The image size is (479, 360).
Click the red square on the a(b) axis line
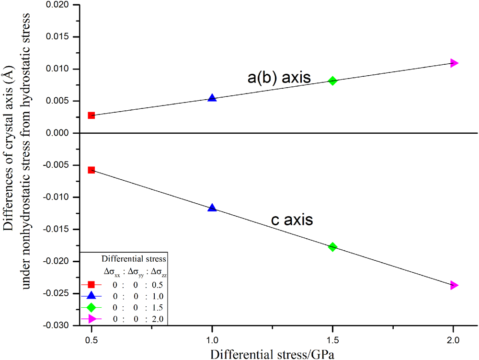(91, 115)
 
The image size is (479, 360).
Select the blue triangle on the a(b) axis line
(212, 98)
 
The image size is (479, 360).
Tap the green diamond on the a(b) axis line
(332, 81)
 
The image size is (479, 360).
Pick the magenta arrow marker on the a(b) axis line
(454, 63)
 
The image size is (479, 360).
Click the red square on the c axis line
(91, 170)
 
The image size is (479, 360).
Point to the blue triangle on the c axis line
(212, 208)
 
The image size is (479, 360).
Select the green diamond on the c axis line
(332, 247)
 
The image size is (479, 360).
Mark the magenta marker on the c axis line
(454, 285)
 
